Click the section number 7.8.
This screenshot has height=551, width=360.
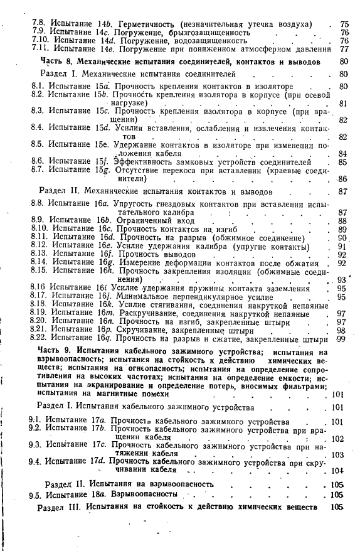click(x=39, y=23)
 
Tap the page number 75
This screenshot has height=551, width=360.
click(x=344, y=24)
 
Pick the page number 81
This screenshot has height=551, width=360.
click(x=342, y=103)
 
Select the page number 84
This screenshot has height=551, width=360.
click(x=342, y=153)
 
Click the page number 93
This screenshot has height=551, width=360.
click(x=342, y=280)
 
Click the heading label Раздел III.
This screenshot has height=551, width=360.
click(x=60, y=507)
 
